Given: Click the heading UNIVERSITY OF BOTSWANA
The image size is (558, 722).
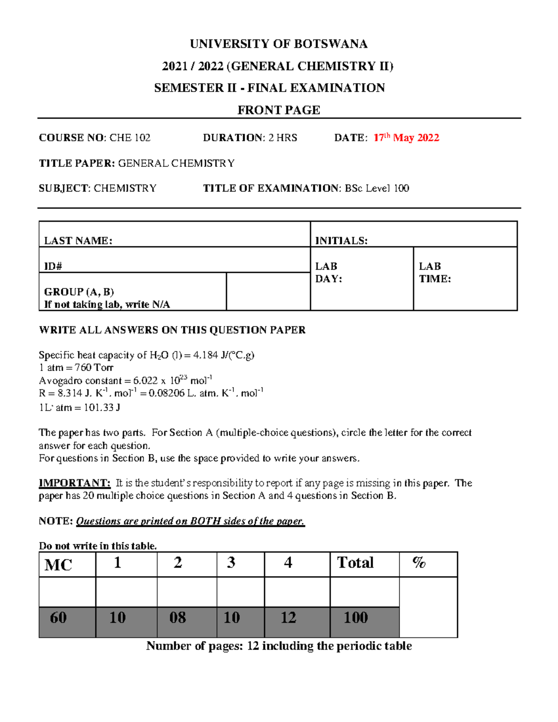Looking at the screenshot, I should coord(279,44).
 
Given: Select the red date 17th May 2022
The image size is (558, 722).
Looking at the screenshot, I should coord(406,138).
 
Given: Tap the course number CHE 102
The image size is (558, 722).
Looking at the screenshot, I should coord(130,138).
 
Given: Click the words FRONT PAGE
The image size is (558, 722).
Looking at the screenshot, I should coord(279,110).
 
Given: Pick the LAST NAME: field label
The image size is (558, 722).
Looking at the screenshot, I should coord(78,241).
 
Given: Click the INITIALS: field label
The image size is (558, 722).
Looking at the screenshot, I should coord(341,241).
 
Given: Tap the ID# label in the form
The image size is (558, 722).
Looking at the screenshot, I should coord(53,266).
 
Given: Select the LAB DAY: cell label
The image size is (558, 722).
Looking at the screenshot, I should coord(328,272).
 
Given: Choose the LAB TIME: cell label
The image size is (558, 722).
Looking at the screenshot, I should coord(435,272).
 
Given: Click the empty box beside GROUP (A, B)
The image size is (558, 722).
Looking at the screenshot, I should coord(268,291).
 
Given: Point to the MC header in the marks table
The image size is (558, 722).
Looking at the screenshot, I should coord(58,565).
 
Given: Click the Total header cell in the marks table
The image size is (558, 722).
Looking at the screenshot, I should coord(355,563).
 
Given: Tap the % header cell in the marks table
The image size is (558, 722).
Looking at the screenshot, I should coord(418,563).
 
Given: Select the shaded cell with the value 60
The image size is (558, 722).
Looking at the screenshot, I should coord(59,618).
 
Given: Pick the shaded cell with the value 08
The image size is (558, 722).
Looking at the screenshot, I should coord(178,618).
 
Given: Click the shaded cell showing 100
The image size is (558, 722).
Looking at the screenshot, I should coord(356,618).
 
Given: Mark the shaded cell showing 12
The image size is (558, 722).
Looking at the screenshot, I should coord(288,618).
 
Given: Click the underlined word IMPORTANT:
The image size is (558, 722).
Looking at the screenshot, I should coord(74,484).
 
